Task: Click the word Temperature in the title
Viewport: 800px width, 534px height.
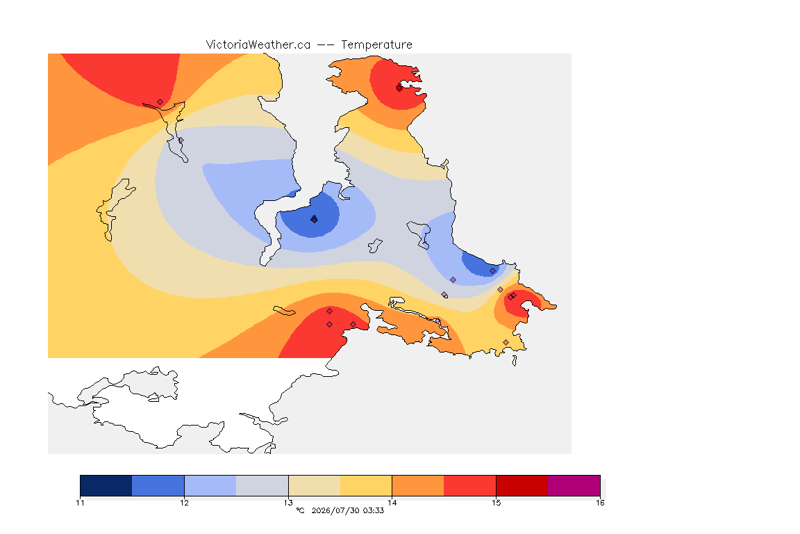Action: click(x=376, y=45)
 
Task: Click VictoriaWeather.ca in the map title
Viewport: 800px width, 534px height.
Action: click(x=258, y=45)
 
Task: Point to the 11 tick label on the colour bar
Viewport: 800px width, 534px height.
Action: click(x=80, y=503)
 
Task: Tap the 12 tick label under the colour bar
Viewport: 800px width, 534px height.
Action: click(x=184, y=503)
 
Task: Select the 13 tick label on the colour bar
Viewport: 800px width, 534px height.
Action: click(x=288, y=503)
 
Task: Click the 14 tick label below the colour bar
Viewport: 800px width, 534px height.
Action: click(x=392, y=503)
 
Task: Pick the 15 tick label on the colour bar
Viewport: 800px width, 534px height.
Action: click(x=496, y=503)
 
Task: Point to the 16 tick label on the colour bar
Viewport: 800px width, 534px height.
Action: click(x=600, y=503)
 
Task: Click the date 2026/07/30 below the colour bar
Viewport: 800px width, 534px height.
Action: click(x=335, y=510)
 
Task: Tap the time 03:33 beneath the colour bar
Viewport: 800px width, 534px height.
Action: click(x=373, y=510)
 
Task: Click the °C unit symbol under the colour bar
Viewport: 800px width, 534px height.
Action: click(x=300, y=510)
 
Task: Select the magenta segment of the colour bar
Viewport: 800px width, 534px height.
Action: click(x=574, y=485)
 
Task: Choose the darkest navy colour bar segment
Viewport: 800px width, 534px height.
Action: click(x=106, y=485)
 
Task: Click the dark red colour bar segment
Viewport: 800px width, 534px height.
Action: click(x=522, y=485)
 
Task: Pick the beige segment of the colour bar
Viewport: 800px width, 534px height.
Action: click(x=315, y=485)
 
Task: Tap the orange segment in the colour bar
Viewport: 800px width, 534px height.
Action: click(x=418, y=485)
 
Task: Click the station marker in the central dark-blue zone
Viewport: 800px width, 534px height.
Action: click(x=315, y=219)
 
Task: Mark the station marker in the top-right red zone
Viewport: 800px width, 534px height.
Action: click(x=399, y=88)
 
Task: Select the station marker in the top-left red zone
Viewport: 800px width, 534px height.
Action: click(x=160, y=102)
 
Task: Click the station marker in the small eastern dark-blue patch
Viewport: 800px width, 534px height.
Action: click(x=492, y=271)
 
